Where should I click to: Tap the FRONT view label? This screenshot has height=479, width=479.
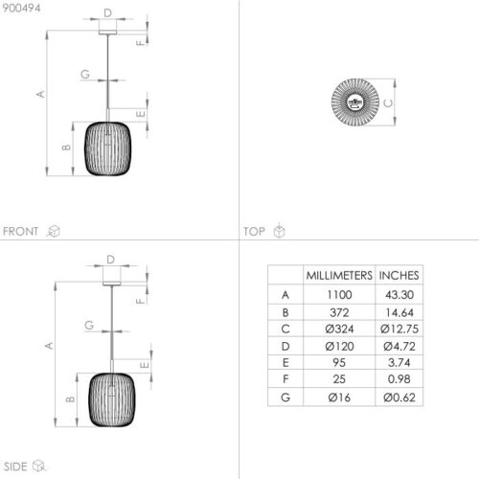click(x=21, y=231)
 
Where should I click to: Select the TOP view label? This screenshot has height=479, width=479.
click(x=254, y=231)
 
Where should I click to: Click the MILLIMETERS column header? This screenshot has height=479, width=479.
click(x=337, y=275)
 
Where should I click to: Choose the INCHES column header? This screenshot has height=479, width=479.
click(x=398, y=275)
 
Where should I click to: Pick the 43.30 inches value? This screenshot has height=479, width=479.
click(x=398, y=294)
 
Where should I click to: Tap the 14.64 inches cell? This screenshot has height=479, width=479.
click(x=398, y=311)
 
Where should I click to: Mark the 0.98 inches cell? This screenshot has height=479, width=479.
click(x=398, y=380)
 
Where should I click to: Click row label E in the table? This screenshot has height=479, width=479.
click(x=285, y=363)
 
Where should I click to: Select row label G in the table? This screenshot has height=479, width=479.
click(x=285, y=398)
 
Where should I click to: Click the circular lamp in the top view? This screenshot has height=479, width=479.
click(x=355, y=103)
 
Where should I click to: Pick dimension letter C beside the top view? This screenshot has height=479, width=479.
click(x=390, y=103)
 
